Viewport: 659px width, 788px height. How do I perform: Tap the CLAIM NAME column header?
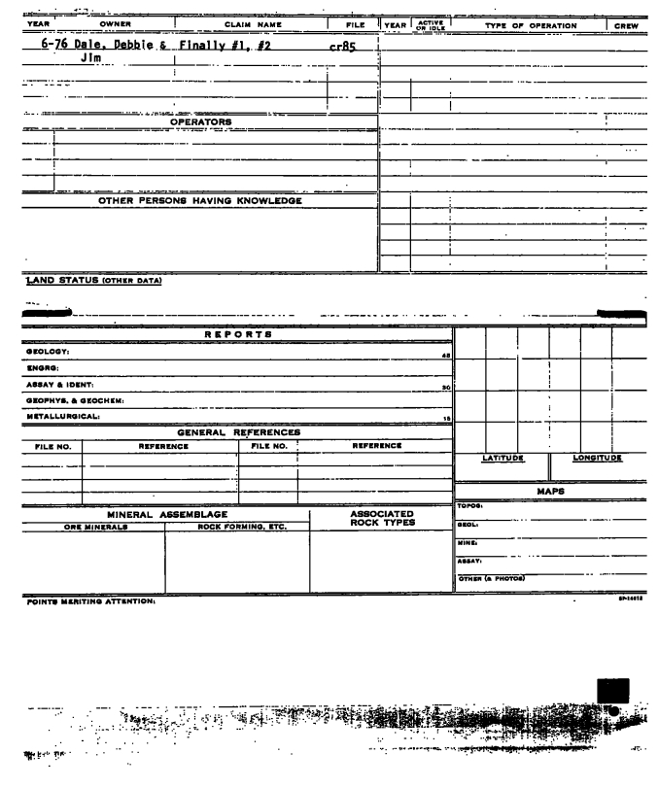point(250,24)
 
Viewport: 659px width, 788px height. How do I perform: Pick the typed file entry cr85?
point(347,45)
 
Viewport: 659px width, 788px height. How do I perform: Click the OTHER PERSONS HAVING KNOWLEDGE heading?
point(200,201)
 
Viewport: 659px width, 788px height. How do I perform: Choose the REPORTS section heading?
point(237,333)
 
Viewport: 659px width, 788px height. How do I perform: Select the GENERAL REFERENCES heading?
point(237,431)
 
